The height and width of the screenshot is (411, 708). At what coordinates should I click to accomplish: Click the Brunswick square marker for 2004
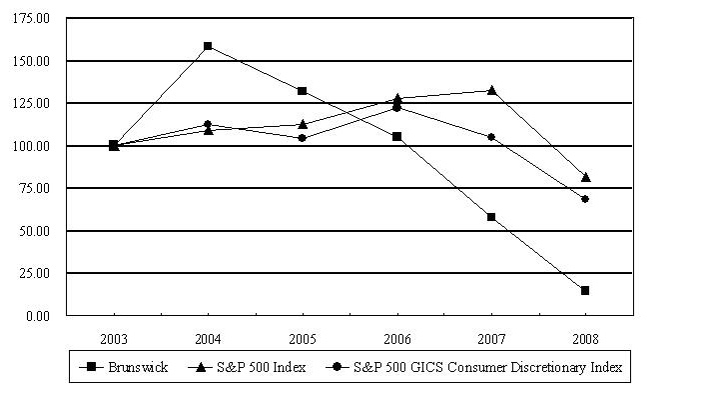[x=208, y=46]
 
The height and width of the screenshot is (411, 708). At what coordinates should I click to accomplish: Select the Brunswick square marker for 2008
[x=585, y=290]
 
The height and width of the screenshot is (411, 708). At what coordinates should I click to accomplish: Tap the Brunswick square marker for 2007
[x=491, y=217]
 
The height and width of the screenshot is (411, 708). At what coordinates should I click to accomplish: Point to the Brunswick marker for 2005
[x=302, y=91]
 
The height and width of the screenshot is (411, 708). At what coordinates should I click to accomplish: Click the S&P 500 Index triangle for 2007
[x=491, y=90]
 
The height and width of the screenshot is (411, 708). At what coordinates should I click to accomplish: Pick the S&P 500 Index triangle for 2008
[x=585, y=177]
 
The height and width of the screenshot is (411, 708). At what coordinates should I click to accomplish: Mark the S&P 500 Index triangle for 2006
[x=396, y=98]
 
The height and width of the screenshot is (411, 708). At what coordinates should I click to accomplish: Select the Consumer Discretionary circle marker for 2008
[x=585, y=199]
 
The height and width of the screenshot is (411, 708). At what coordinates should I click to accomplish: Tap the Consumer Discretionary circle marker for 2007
[x=491, y=137]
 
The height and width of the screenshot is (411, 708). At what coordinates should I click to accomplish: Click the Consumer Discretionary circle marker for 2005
[x=302, y=138]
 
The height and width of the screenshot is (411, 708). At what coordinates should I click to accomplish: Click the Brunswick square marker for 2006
[x=396, y=136]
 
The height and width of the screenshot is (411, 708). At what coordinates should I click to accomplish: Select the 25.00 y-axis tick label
[x=38, y=273]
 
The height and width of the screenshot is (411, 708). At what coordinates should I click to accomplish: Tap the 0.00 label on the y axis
[x=41, y=316]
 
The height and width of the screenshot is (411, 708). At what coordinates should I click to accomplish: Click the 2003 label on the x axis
[x=114, y=336]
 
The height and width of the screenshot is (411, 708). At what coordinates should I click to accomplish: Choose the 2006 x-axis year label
[x=396, y=336]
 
